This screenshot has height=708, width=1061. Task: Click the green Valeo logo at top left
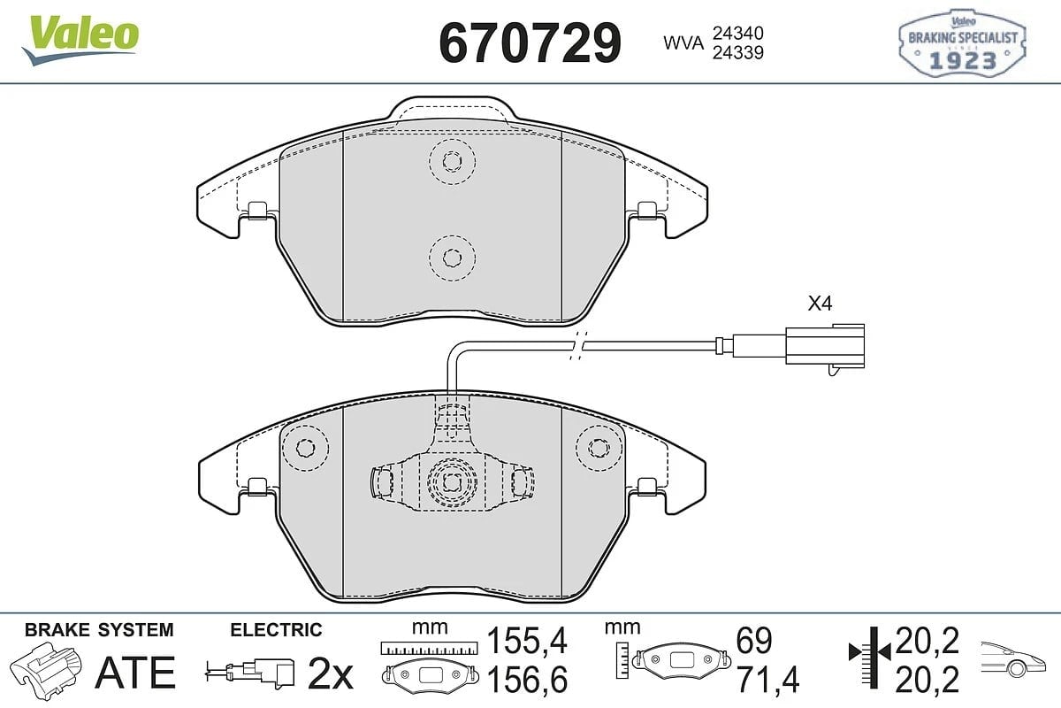80,39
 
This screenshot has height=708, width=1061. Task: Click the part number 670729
530,42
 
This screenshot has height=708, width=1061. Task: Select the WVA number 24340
738,33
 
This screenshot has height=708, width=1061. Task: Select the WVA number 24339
738,52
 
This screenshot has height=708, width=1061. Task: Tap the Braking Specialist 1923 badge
963,42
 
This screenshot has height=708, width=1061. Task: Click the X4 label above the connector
820,304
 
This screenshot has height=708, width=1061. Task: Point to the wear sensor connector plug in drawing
824,348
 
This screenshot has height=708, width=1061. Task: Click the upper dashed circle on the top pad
453,161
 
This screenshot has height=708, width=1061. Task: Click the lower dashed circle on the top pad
452,258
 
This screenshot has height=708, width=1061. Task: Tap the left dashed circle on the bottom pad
306,448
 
